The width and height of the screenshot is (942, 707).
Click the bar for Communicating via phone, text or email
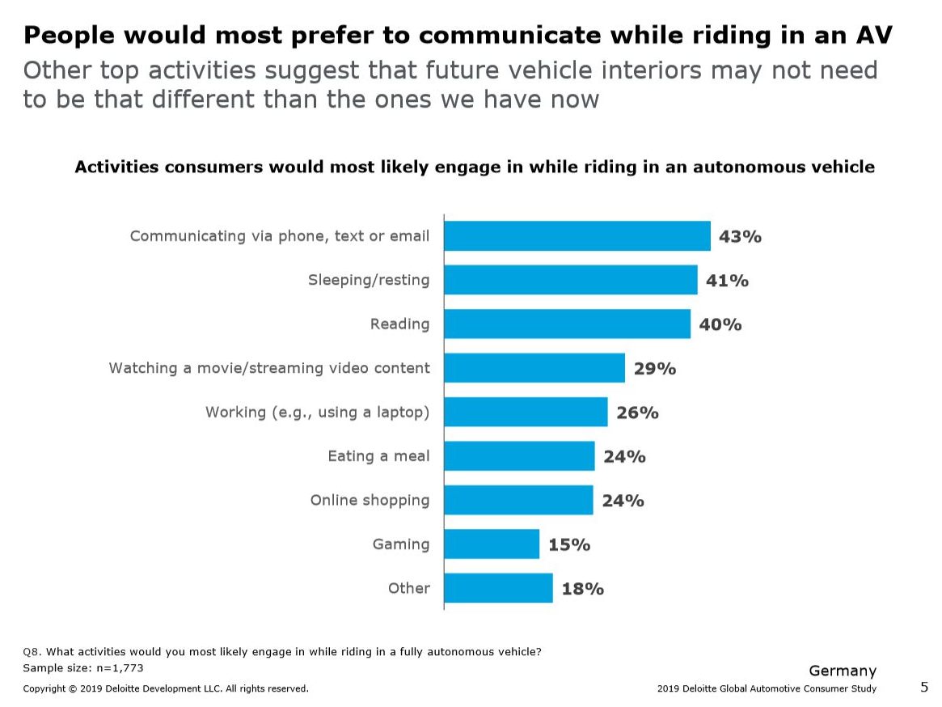tap(577, 236)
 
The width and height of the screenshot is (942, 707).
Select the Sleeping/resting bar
tap(570, 280)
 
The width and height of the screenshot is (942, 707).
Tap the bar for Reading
tap(567, 324)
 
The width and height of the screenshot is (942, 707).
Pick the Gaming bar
tap(491, 544)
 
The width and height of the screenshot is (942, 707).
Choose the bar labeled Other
tap(498, 588)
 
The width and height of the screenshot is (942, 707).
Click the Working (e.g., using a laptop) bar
tap(526, 412)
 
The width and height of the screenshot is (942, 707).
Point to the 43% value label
tap(740, 236)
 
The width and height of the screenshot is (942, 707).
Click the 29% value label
tap(654, 368)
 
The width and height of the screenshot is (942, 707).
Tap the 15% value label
tap(568, 544)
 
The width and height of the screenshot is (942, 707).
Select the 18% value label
tap(582, 588)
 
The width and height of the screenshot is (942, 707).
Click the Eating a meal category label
tap(378, 456)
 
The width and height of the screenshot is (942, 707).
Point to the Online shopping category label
tap(370, 500)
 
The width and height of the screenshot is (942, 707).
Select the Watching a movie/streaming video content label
tap(269, 368)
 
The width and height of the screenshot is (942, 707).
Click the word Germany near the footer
tap(843, 671)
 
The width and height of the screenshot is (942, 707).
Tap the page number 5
tap(924, 687)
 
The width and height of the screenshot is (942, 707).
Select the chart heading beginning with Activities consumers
tap(475, 167)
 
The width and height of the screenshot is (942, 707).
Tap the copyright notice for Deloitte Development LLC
tap(166, 688)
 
